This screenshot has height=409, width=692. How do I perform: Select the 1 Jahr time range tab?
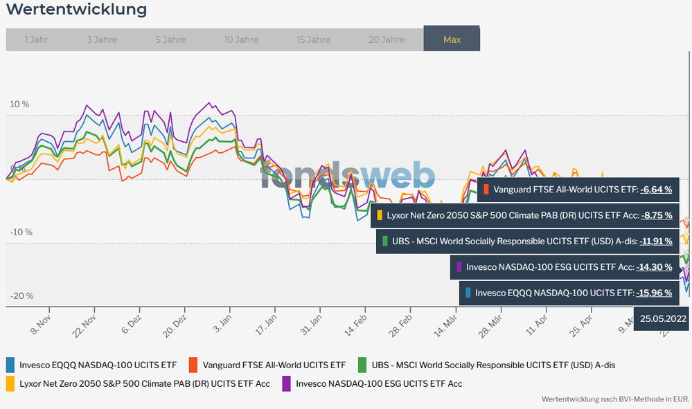tap(37, 39)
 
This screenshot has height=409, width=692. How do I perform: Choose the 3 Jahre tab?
tap(102, 39)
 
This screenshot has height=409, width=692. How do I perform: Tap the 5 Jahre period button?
tap(170, 39)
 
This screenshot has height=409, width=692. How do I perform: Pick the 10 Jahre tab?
tap(241, 39)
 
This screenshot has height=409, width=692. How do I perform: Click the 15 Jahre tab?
tap(313, 39)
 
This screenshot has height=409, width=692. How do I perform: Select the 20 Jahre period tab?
tap(387, 39)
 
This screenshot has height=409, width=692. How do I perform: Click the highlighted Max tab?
tap(452, 39)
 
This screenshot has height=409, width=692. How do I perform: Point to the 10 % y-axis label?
tap(19, 104)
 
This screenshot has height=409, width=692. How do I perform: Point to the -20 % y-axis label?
tap(21, 296)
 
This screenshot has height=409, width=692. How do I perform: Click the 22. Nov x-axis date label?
tap(84, 325)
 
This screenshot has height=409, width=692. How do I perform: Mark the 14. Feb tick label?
tap(356, 325)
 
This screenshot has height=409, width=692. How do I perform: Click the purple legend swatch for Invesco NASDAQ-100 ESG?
tap(287, 383)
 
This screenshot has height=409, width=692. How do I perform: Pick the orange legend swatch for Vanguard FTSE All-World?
tap(193, 365)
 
